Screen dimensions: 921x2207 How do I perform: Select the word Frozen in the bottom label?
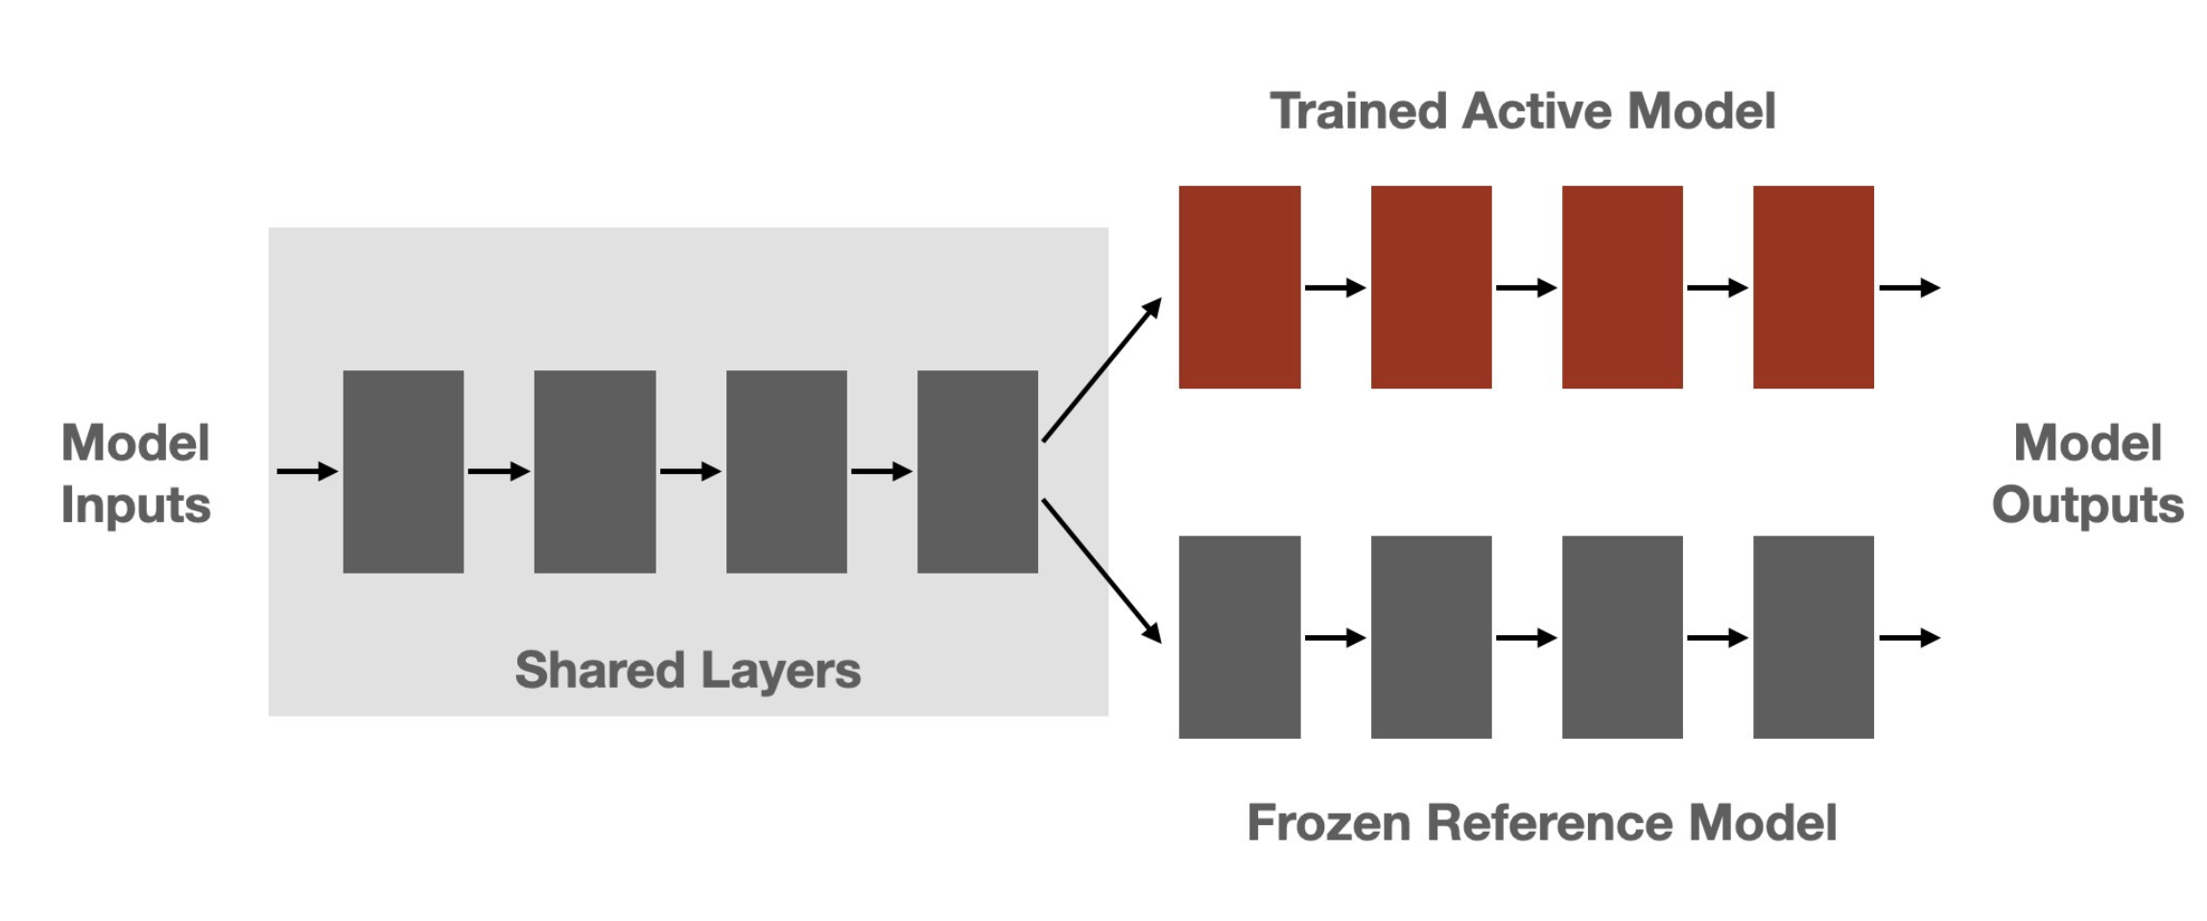[1328, 823]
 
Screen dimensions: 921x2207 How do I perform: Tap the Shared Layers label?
[687, 670]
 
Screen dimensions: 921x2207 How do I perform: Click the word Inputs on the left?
[135, 506]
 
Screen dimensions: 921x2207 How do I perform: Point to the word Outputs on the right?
[2087, 506]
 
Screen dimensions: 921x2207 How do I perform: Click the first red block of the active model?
[1239, 287]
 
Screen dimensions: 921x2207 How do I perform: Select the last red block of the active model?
[1813, 287]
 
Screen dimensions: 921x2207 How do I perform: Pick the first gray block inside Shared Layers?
[403, 471]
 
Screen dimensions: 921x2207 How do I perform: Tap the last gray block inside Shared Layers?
[977, 471]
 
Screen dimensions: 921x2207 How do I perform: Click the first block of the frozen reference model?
[1239, 637]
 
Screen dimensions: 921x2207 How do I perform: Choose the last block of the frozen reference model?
[1813, 637]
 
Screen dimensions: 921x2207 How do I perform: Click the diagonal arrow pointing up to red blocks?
[1102, 370]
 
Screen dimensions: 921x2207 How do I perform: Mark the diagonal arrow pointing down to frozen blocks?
[1102, 570]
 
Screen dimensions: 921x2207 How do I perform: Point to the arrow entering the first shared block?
[306, 471]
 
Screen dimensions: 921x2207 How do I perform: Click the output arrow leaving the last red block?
[1909, 287]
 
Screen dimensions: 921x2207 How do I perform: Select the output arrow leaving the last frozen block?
[1909, 637]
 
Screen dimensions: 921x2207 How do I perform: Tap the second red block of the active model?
[1431, 287]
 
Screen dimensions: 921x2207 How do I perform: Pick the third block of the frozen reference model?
[1622, 637]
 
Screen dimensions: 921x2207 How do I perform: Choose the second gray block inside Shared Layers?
[594, 471]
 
